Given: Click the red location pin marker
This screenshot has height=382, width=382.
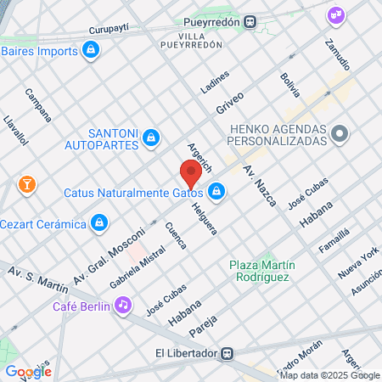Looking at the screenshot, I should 190,175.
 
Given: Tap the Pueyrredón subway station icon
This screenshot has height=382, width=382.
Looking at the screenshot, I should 250,22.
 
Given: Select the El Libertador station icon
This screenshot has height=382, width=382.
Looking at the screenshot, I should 227,353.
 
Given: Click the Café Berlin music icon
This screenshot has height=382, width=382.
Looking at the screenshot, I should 123,304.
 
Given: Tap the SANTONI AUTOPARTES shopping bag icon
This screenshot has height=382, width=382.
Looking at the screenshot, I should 150,136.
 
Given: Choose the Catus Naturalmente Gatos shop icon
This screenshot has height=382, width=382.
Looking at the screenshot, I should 217,192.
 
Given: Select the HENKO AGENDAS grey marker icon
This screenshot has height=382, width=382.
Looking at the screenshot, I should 340,134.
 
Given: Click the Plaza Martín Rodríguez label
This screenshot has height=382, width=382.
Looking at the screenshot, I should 260,271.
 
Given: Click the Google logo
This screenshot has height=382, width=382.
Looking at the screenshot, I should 28,371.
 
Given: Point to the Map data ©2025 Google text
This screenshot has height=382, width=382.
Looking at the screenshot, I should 330,375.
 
